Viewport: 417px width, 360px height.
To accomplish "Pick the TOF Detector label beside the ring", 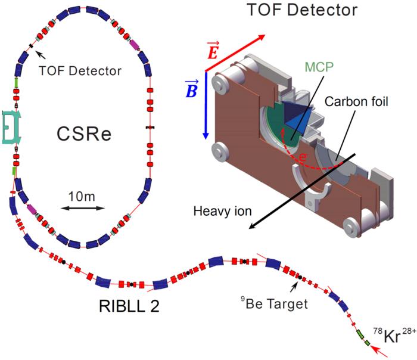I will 80,71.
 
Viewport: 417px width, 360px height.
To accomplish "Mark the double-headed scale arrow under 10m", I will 83,209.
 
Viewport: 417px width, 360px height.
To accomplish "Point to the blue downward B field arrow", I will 205,105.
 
